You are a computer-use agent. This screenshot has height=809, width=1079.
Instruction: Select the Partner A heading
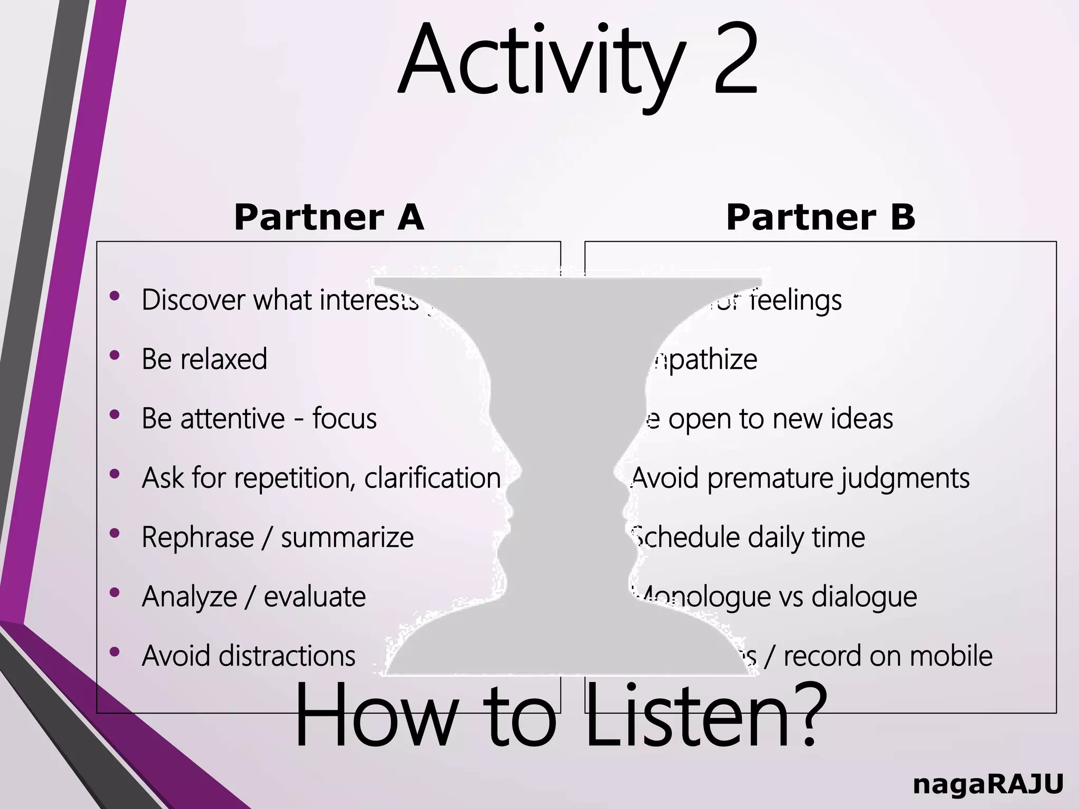[x=329, y=217]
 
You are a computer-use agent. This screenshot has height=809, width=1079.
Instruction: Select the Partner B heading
[x=820, y=217]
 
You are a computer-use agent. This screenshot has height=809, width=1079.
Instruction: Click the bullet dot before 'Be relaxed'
[x=114, y=356]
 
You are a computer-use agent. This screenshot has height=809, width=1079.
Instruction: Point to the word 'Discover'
[x=193, y=300]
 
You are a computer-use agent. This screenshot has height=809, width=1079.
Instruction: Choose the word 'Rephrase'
[x=198, y=538]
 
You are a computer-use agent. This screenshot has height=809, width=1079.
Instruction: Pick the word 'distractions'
[x=287, y=656]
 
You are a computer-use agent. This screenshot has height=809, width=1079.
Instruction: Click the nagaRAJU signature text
[x=988, y=784]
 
